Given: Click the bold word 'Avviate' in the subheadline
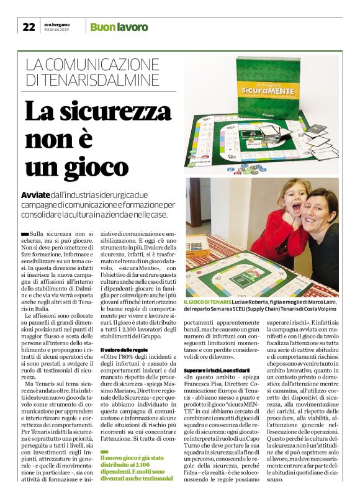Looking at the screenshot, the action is point(35,194).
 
